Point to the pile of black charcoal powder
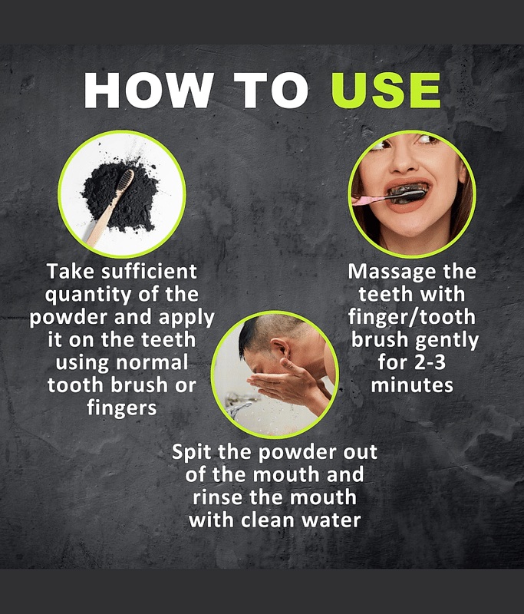[x=120, y=195]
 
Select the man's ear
[x=281, y=348]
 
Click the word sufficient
[x=150, y=272]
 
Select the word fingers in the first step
[x=122, y=408]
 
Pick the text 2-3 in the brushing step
[x=429, y=362]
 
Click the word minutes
[x=412, y=385]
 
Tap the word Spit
[x=192, y=453]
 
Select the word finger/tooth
[x=412, y=318]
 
